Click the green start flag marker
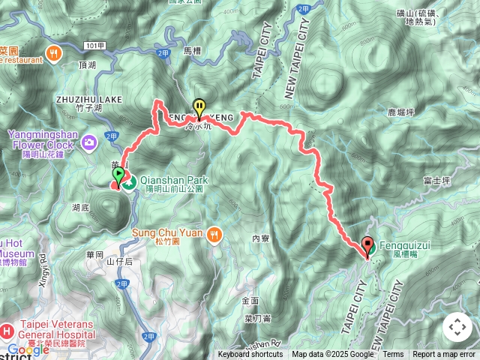click(118, 176)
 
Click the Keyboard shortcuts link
click(250, 354)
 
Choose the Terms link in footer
click(393, 354)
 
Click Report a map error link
click(444, 354)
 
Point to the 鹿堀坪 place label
click(401, 112)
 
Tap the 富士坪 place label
click(435, 181)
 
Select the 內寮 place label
click(260, 238)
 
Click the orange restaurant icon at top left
click(53, 52)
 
